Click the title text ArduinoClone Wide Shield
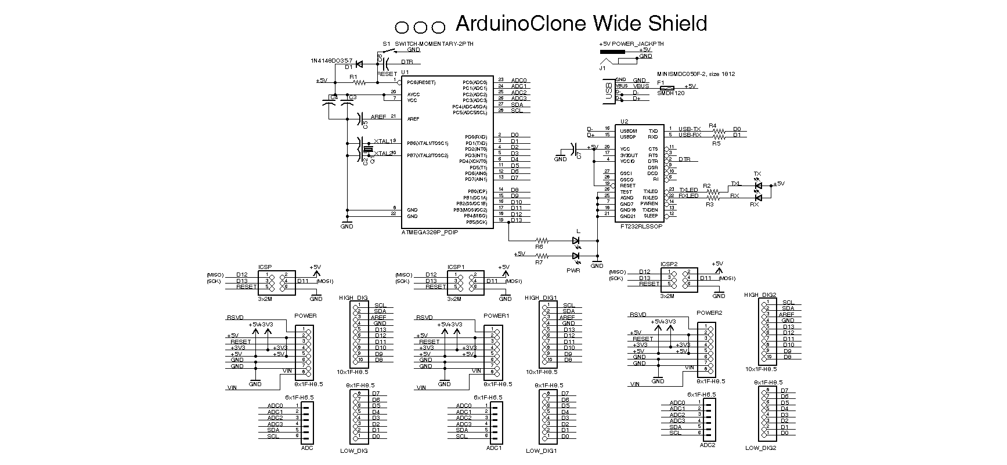click(x=581, y=23)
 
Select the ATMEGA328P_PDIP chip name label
click(x=429, y=232)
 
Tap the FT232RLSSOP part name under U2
click(x=641, y=227)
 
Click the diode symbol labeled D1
click(x=359, y=64)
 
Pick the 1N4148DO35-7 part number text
click(x=331, y=60)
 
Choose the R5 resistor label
click(x=716, y=143)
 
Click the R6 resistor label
click(x=539, y=246)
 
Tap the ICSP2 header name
click(x=669, y=264)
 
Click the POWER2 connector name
click(x=710, y=313)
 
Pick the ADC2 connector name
click(x=708, y=445)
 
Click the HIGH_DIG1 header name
click(x=540, y=298)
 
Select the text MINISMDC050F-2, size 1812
click(x=696, y=74)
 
